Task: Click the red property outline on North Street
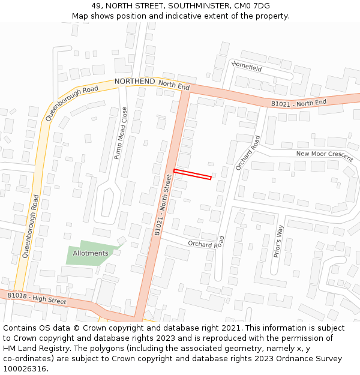[193, 174]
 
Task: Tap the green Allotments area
[90, 255]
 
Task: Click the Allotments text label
[91, 253]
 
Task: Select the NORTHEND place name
[134, 81]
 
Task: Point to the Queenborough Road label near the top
[71, 103]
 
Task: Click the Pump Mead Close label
[121, 133]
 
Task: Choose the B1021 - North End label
[299, 103]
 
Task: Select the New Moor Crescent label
[325, 154]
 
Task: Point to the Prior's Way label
[278, 241]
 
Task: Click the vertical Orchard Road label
[247, 152]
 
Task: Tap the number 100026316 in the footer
[25, 369]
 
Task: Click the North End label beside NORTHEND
[174, 86]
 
